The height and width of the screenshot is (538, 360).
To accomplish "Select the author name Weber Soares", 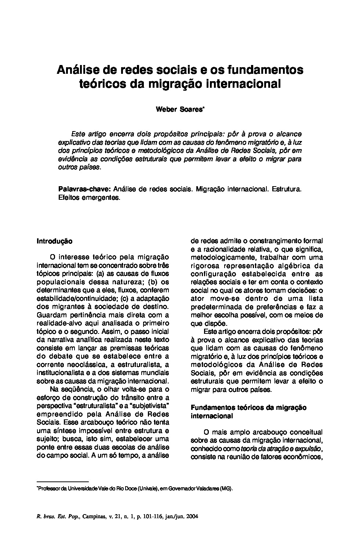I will point(180,109).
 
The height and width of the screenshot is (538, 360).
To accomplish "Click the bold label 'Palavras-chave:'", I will point(84,189).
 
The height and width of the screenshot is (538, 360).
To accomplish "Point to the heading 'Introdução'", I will point(55,241).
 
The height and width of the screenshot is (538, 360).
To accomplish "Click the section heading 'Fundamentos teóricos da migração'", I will point(248,407).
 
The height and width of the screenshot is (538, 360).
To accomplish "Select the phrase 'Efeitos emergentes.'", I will point(89,198).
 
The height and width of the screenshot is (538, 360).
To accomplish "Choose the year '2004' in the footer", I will point(192,516).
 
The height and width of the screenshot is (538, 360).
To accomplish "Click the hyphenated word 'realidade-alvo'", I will point(57,323).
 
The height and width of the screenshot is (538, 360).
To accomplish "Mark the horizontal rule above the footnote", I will point(63,481).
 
